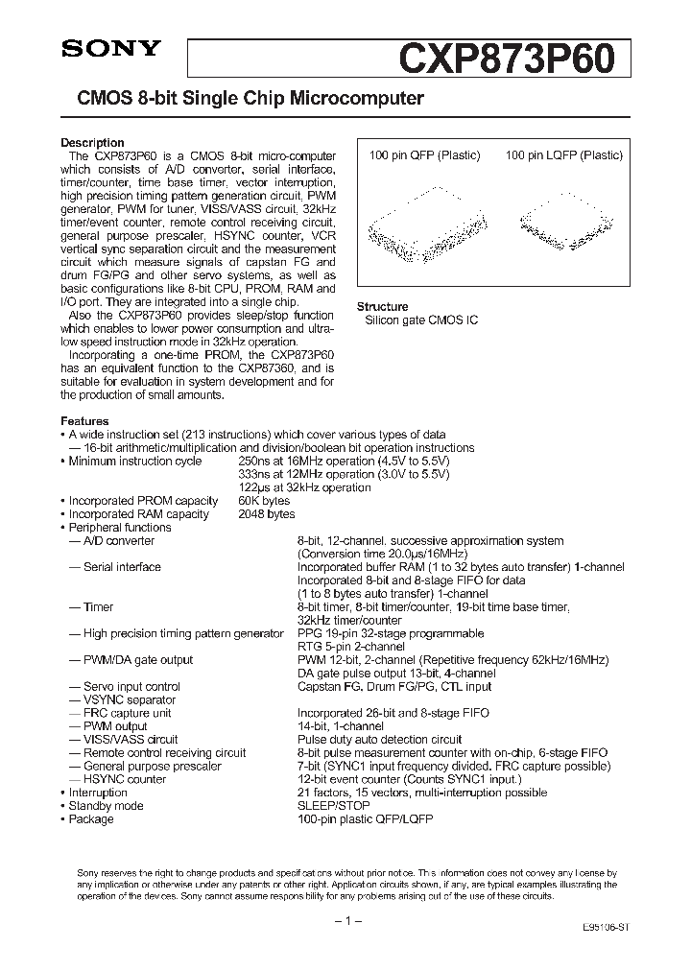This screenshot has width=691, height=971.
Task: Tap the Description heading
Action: click(x=92, y=143)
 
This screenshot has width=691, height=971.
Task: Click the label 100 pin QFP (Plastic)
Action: click(x=425, y=155)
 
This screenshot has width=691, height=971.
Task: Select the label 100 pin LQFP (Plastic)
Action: click(x=564, y=155)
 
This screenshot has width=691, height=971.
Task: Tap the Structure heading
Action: click(x=383, y=306)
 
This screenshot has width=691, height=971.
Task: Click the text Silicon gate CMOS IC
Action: click(x=421, y=320)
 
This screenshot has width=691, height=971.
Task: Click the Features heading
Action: click(x=84, y=421)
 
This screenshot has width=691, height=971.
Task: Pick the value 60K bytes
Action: click(x=264, y=501)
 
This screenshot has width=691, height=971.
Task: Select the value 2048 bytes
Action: click(x=267, y=514)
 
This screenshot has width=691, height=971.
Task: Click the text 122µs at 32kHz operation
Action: click(x=304, y=487)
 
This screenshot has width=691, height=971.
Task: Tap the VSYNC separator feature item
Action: click(x=122, y=700)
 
